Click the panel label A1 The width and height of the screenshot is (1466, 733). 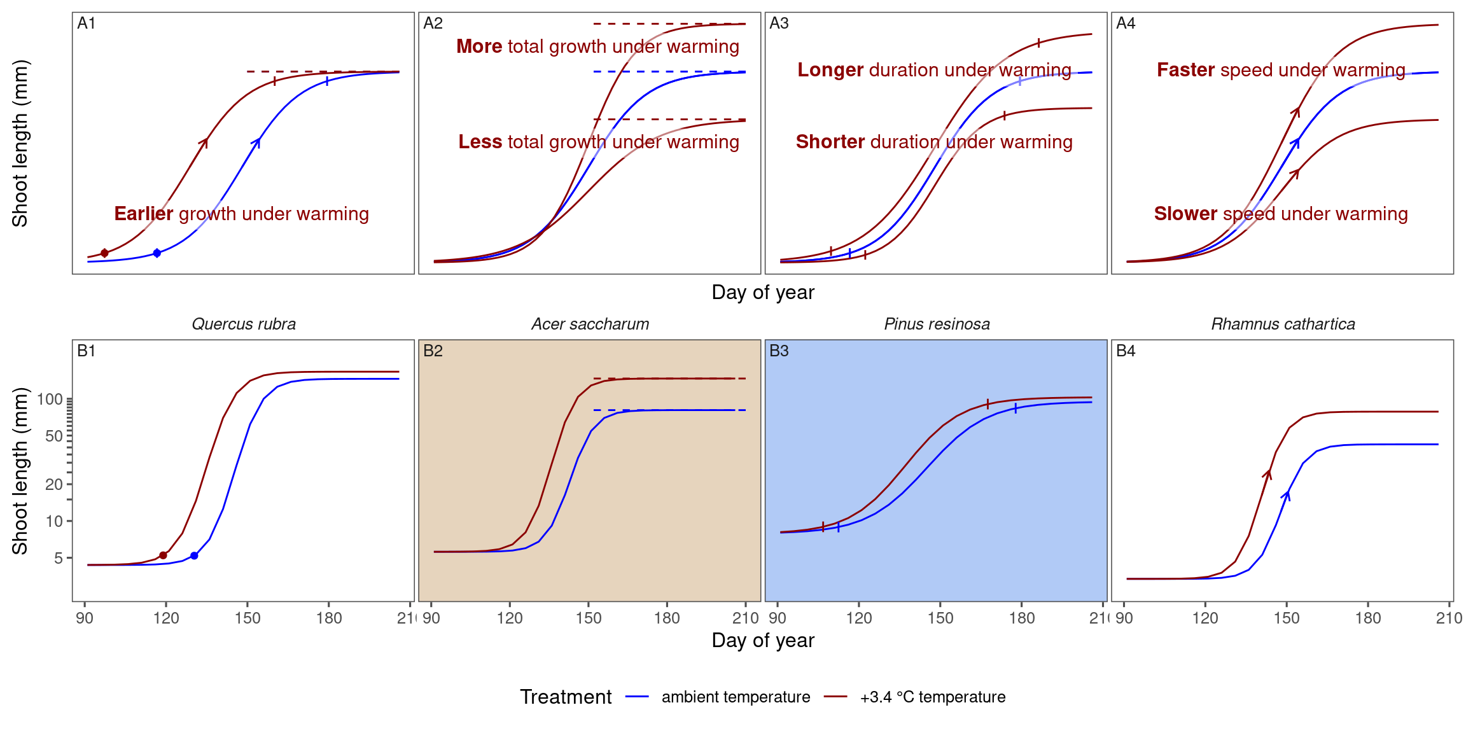(86, 24)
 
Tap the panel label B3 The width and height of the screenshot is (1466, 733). (779, 351)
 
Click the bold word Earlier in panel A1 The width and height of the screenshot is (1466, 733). (143, 214)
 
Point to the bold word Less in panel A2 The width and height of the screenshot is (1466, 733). (480, 142)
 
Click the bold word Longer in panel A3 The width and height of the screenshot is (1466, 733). (830, 70)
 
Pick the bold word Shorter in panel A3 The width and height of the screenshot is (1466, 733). (830, 142)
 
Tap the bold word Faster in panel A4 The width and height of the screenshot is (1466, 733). (1185, 70)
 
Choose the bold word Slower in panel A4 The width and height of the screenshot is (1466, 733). (1185, 214)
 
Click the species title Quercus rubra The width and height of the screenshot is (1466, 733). (244, 324)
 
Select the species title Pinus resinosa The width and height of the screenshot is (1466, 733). (937, 324)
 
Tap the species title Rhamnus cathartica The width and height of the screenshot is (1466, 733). (1283, 324)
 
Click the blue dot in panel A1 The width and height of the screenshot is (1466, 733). (157, 253)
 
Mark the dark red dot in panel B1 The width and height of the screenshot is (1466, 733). (163, 555)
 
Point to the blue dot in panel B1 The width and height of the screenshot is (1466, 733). (194, 556)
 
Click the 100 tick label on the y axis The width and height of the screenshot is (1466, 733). (50, 400)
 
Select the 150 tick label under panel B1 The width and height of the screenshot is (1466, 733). (248, 618)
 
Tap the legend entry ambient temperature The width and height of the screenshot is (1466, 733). (736, 697)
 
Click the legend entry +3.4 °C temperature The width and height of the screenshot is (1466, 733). (932, 697)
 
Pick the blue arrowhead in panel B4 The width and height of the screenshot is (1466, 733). (1287, 494)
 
